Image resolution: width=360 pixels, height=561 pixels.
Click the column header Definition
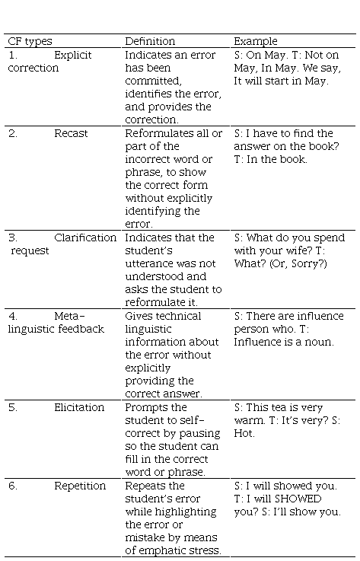pos(150,41)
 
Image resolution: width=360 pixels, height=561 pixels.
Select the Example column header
pos(256,42)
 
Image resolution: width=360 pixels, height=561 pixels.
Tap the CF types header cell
pos(30,42)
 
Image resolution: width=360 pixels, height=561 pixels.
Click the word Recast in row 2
pos(71,133)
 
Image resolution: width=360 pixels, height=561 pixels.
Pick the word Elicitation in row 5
pos(79,407)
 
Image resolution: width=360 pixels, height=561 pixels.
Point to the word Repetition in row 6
pos(80,486)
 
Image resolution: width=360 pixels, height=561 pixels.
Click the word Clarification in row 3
pos(85,238)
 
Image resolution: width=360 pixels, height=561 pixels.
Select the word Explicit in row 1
pos(73,55)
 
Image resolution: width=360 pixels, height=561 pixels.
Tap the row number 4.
pos(12,317)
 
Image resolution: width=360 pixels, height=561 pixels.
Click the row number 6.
pos(12,486)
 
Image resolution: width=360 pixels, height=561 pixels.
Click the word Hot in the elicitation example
pos(244,434)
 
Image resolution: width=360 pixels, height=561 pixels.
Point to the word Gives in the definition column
pos(137,317)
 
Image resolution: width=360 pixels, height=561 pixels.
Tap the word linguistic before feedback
pos(31,330)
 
